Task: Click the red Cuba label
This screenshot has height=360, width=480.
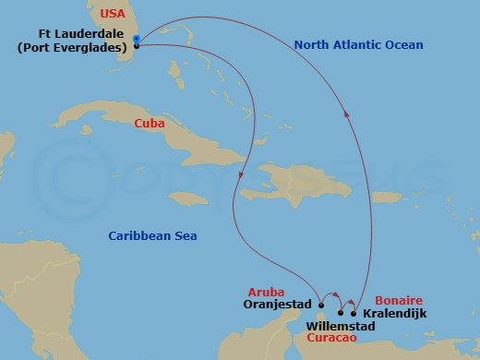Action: (150, 122)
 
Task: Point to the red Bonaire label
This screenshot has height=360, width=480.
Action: (399, 301)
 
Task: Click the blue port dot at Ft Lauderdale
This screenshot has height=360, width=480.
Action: (137, 39)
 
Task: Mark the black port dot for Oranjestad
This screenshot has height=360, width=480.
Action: (320, 303)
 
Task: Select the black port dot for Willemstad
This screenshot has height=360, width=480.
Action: (340, 312)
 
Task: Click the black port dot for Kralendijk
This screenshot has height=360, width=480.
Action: (354, 312)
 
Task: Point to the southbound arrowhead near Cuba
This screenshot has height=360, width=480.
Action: (241, 174)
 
